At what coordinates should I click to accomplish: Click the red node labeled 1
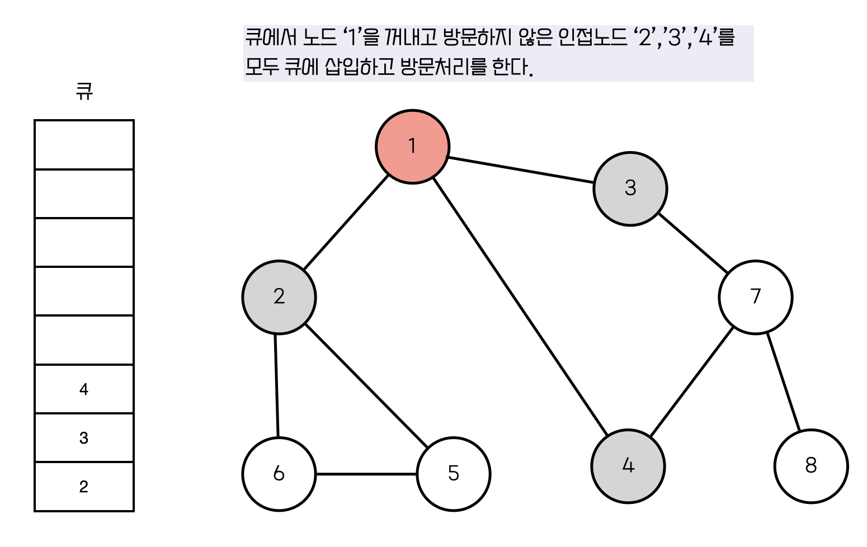tap(412, 146)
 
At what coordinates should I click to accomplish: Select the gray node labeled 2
tap(279, 297)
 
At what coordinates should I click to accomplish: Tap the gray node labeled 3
tap(630, 188)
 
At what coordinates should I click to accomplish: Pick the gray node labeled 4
tap(628, 466)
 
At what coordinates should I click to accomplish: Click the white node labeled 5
tap(453, 474)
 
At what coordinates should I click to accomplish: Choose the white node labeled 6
tap(279, 474)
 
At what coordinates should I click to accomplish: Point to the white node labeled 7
tap(755, 297)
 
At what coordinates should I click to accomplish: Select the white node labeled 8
tap(811, 466)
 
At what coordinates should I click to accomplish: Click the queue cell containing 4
tap(84, 389)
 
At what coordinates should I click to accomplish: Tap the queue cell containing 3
tap(84, 438)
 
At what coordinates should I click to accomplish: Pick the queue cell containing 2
tap(84, 487)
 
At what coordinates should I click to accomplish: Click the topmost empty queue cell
tap(84, 145)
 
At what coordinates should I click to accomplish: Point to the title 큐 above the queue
tap(84, 91)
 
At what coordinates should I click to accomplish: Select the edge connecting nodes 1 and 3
tap(520, 170)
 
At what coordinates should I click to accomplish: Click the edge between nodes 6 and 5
tap(366, 474)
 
